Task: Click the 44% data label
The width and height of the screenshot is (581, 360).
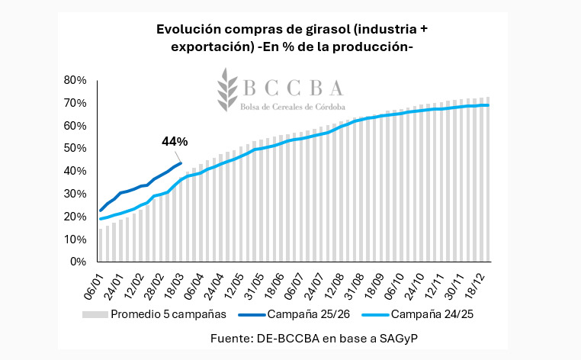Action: pos(175,141)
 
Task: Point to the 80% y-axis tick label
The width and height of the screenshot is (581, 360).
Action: pos(76,80)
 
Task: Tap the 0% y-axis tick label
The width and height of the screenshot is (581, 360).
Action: pos(79,262)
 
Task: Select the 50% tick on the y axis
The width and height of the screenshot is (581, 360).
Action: pos(76,148)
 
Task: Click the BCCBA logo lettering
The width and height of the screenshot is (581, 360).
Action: pos(294,85)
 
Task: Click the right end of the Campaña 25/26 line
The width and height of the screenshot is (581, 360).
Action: pos(181,162)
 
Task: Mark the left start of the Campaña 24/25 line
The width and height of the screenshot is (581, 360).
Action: pos(100,219)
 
